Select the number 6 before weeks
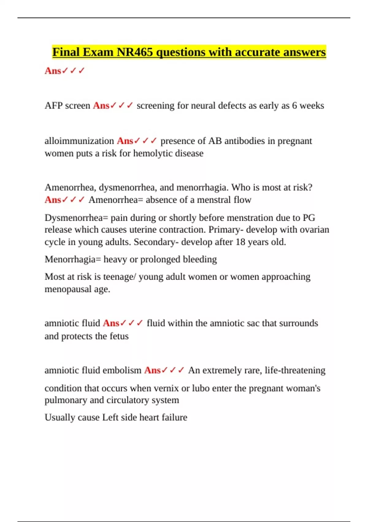[x=294, y=106]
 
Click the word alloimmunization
[x=79, y=141]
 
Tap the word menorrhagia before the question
[x=202, y=187]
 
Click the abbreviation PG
[x=309, y=218]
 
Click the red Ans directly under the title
[x=53, y=71]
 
